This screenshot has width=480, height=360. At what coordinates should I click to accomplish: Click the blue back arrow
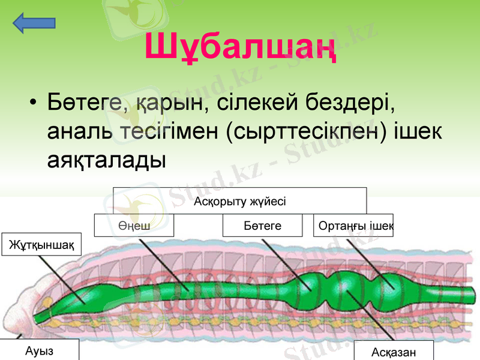[34, 23]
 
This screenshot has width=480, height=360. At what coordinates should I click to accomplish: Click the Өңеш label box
[134, 226]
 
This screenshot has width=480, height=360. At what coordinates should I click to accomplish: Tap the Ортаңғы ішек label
[353, 226]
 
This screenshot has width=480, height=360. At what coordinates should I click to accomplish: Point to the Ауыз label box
[39, 350]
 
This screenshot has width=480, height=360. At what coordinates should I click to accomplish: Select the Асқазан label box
[393, 352]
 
